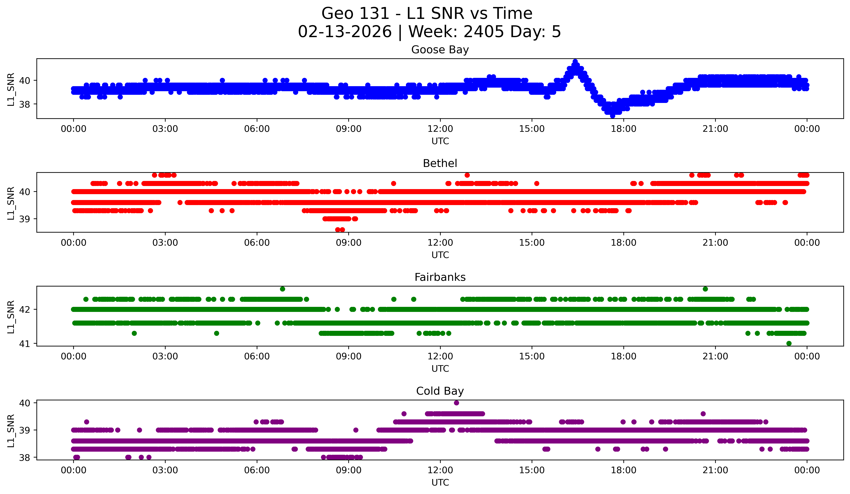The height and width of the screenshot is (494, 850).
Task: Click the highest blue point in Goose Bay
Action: coord(575,61)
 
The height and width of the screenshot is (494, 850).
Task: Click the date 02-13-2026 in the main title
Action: coord(345,32)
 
